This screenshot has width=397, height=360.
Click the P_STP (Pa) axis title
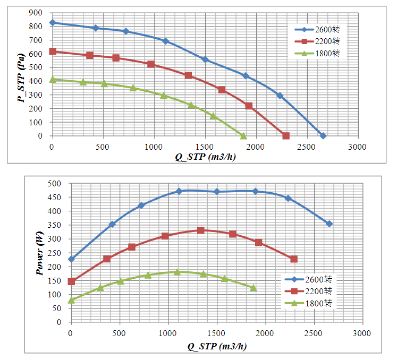(x=22, y=74)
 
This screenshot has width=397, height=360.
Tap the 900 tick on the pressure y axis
(x=35, y=13)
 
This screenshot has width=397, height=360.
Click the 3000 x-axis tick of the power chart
(x=362, y=332)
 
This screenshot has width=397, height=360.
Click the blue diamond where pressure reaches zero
(x=323, y=136)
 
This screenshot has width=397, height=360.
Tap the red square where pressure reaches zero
(x=286, y=136)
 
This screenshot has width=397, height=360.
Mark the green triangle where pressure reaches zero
(x=243, y=136)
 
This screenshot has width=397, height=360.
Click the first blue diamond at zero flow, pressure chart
(x=52, y=23)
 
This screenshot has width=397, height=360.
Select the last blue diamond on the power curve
(x=329, y=224)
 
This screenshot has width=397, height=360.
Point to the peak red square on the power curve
(x=201, y=230)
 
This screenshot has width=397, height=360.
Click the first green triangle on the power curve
(x=71, y=300)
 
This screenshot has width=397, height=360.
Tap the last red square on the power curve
(x=294, y=259)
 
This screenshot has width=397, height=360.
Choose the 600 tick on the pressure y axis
(x=35, y=54)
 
